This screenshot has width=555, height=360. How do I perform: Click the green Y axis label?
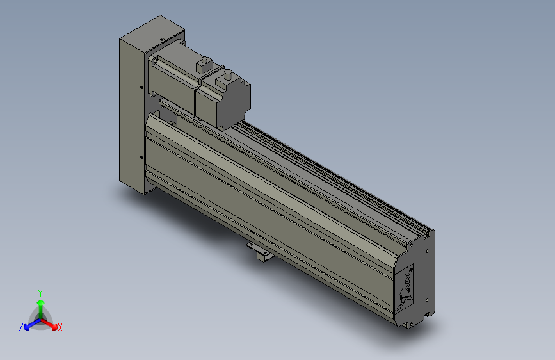click(40, 291)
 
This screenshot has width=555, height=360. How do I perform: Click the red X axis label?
click(60, 328)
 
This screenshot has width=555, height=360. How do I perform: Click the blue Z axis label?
click(20, 327)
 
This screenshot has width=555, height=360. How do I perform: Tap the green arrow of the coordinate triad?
click(40, 304)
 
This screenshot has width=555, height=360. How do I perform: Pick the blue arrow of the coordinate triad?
click(29, 323)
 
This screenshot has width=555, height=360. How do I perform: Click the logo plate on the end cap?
click(407, 287)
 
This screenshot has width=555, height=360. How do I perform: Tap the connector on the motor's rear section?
click(225, 80)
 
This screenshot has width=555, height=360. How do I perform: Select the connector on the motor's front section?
click(204, 64)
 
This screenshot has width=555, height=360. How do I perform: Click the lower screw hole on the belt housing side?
click(140, 156)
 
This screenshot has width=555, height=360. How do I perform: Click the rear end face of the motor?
click(238, 102)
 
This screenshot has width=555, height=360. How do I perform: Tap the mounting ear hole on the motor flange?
click(153, 59)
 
